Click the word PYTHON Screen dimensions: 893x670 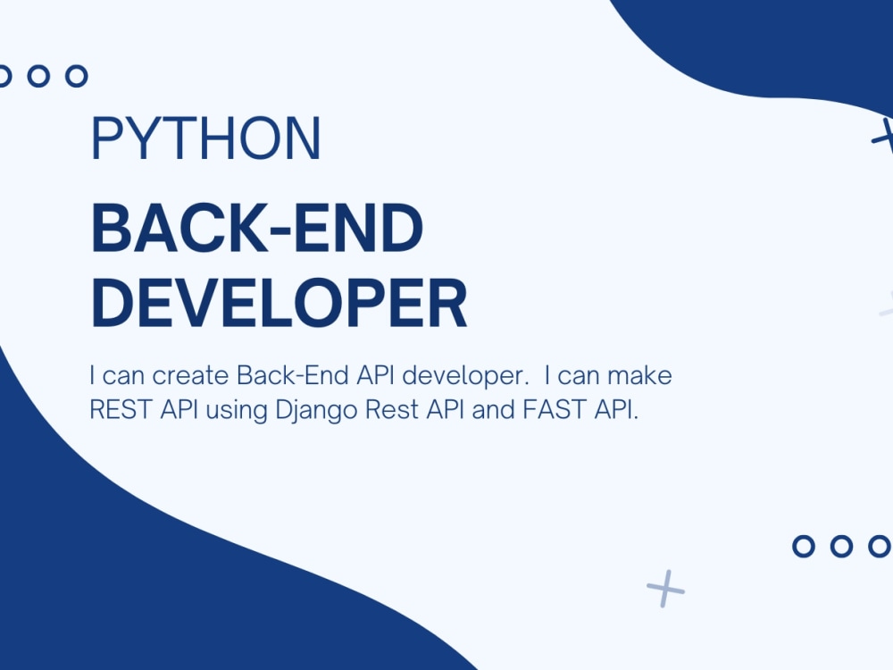[x=205, y=138]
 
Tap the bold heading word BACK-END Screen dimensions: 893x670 [x=257, y=227]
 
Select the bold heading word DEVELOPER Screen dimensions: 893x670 [x=279, y=302]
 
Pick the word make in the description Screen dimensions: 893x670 [x=639, y=375]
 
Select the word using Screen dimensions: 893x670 [x=237, y=411]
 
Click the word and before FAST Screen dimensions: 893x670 [x=493, y=409]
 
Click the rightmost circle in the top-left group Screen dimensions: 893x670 [x=76, y=76]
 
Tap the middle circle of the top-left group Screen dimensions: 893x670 [x=38, y=76]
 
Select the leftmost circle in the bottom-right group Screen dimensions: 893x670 [x=804, y=546]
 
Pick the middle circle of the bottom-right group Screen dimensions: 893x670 [x=841, y=546]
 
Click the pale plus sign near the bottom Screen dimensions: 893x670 [x=665, y=589]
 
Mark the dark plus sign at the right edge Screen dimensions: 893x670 [x=885, y=137]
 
